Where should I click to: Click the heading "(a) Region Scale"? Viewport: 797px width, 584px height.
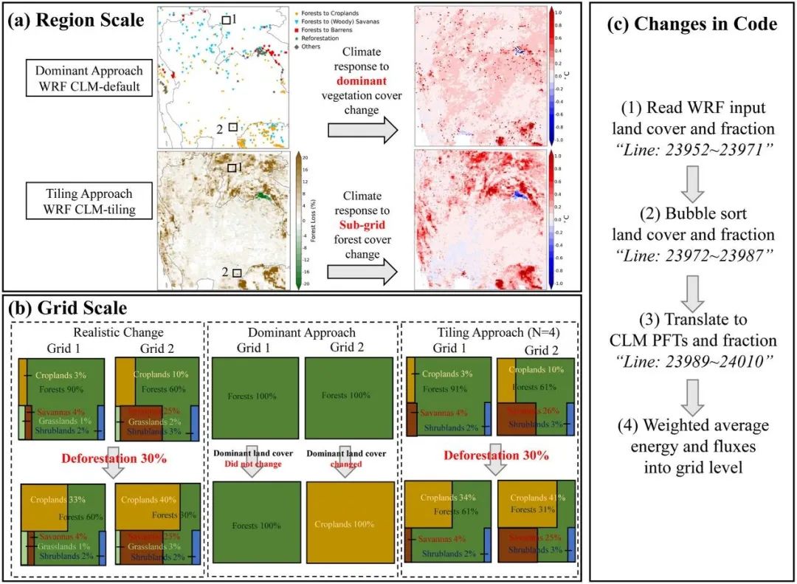76,20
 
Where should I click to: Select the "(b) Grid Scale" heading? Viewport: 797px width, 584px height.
66,306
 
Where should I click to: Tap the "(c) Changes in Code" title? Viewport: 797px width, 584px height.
691,24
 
